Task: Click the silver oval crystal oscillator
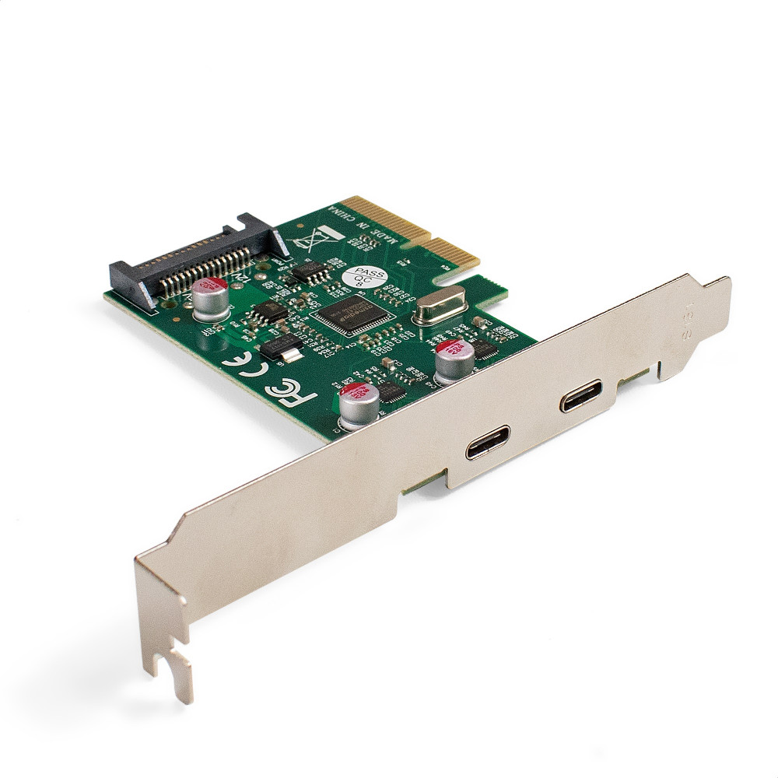(439, 304)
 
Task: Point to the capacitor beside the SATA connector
(210, 301)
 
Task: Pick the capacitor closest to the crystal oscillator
(454, 359)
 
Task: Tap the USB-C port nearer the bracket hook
(488, 441)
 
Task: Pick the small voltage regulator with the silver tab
(280, 349)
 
